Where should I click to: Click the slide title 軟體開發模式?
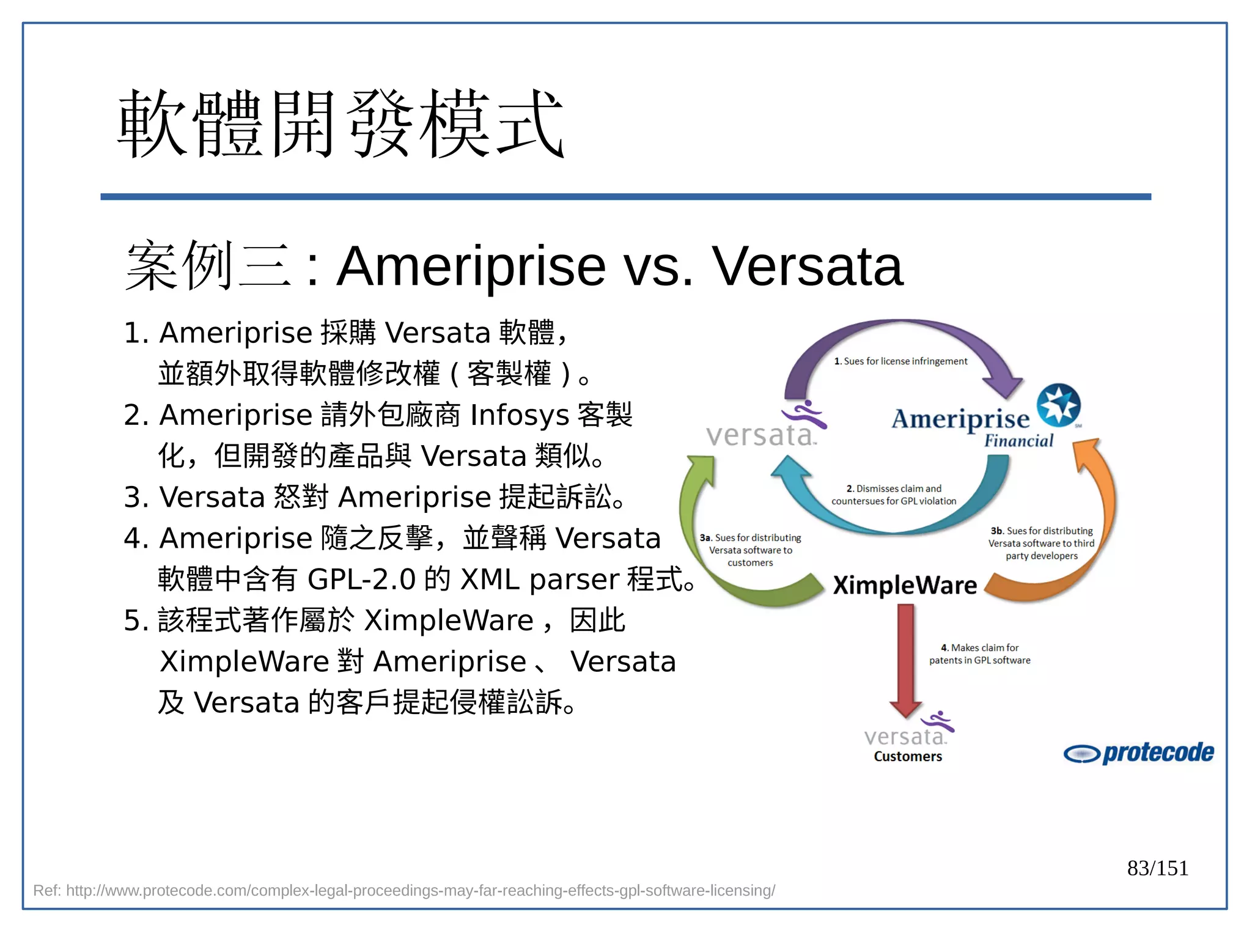click(x=340, y=124)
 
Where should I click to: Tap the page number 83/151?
click(x=1157, y=868)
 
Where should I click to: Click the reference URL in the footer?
click(x=404, y=891)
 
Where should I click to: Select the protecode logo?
click(x=1138, y=753)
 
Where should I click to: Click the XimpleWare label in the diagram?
click(x=905, y=585)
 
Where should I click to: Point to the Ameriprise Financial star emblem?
click(x=1058, y=405)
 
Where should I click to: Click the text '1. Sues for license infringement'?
click(x=900, y=361)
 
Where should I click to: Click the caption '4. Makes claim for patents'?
click(x=979, y=654)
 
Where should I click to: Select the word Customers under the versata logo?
click(x=907, y=757)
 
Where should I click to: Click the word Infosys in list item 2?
click(x=520, y=415)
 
